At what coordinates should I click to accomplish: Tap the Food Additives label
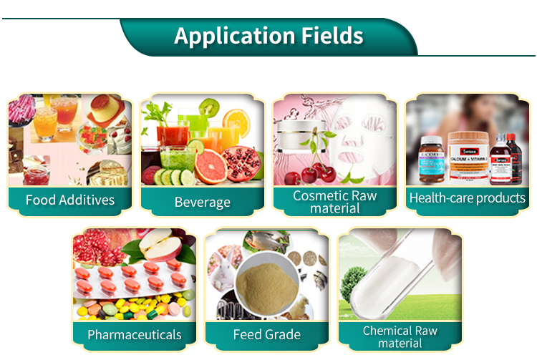pos(70,199)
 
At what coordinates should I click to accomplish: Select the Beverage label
pos(203,202)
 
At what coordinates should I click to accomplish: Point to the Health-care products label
pos(468,198)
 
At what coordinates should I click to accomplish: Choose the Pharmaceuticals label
pos(135,334)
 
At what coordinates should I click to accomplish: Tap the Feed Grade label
pos(267,334)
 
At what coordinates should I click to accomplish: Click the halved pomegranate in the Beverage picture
pos(241,163)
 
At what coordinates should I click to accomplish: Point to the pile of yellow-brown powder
pos(267,283)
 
